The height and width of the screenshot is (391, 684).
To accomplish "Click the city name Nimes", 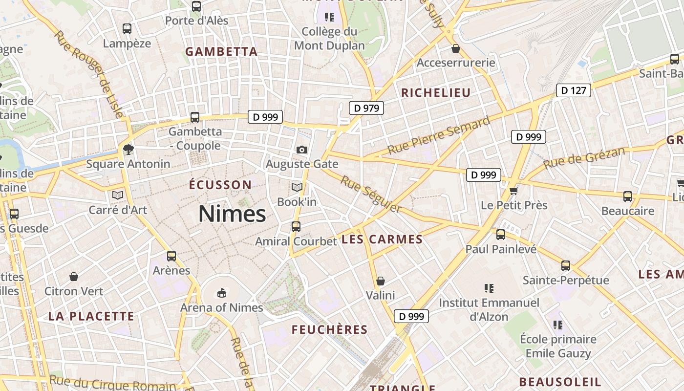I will (232, 214).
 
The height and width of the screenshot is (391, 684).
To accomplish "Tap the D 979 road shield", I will (366, 108).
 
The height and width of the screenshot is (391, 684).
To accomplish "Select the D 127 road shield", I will (573, 90).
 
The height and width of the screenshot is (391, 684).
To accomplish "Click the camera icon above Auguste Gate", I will (302, 150).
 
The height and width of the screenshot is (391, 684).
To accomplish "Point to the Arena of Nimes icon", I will (222, 293).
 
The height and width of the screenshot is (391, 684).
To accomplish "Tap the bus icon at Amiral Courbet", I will (296, 227).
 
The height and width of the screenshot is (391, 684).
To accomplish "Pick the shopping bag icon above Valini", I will (381, 281).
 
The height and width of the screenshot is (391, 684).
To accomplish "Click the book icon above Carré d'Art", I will (117, 195).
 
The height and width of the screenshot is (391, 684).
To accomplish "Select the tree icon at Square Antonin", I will (128, 149).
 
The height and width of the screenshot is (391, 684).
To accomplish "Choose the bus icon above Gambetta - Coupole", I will (195, 117).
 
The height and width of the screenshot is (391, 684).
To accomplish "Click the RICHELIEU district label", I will (436, 93).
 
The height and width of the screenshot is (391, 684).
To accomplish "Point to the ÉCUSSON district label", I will (220, 185).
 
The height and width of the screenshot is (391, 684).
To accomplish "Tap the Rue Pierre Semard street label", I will (439, 135).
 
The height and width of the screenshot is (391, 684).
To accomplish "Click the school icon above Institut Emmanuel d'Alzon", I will (489, 288).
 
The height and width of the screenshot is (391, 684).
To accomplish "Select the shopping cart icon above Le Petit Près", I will (513, 190).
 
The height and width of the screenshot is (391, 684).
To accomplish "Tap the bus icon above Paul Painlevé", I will (501, 235).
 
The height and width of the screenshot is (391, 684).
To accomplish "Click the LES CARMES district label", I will (382, 239).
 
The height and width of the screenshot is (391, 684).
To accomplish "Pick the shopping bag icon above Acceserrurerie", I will (456, 48).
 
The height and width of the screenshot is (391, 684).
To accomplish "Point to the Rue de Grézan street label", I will (584, 158).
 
